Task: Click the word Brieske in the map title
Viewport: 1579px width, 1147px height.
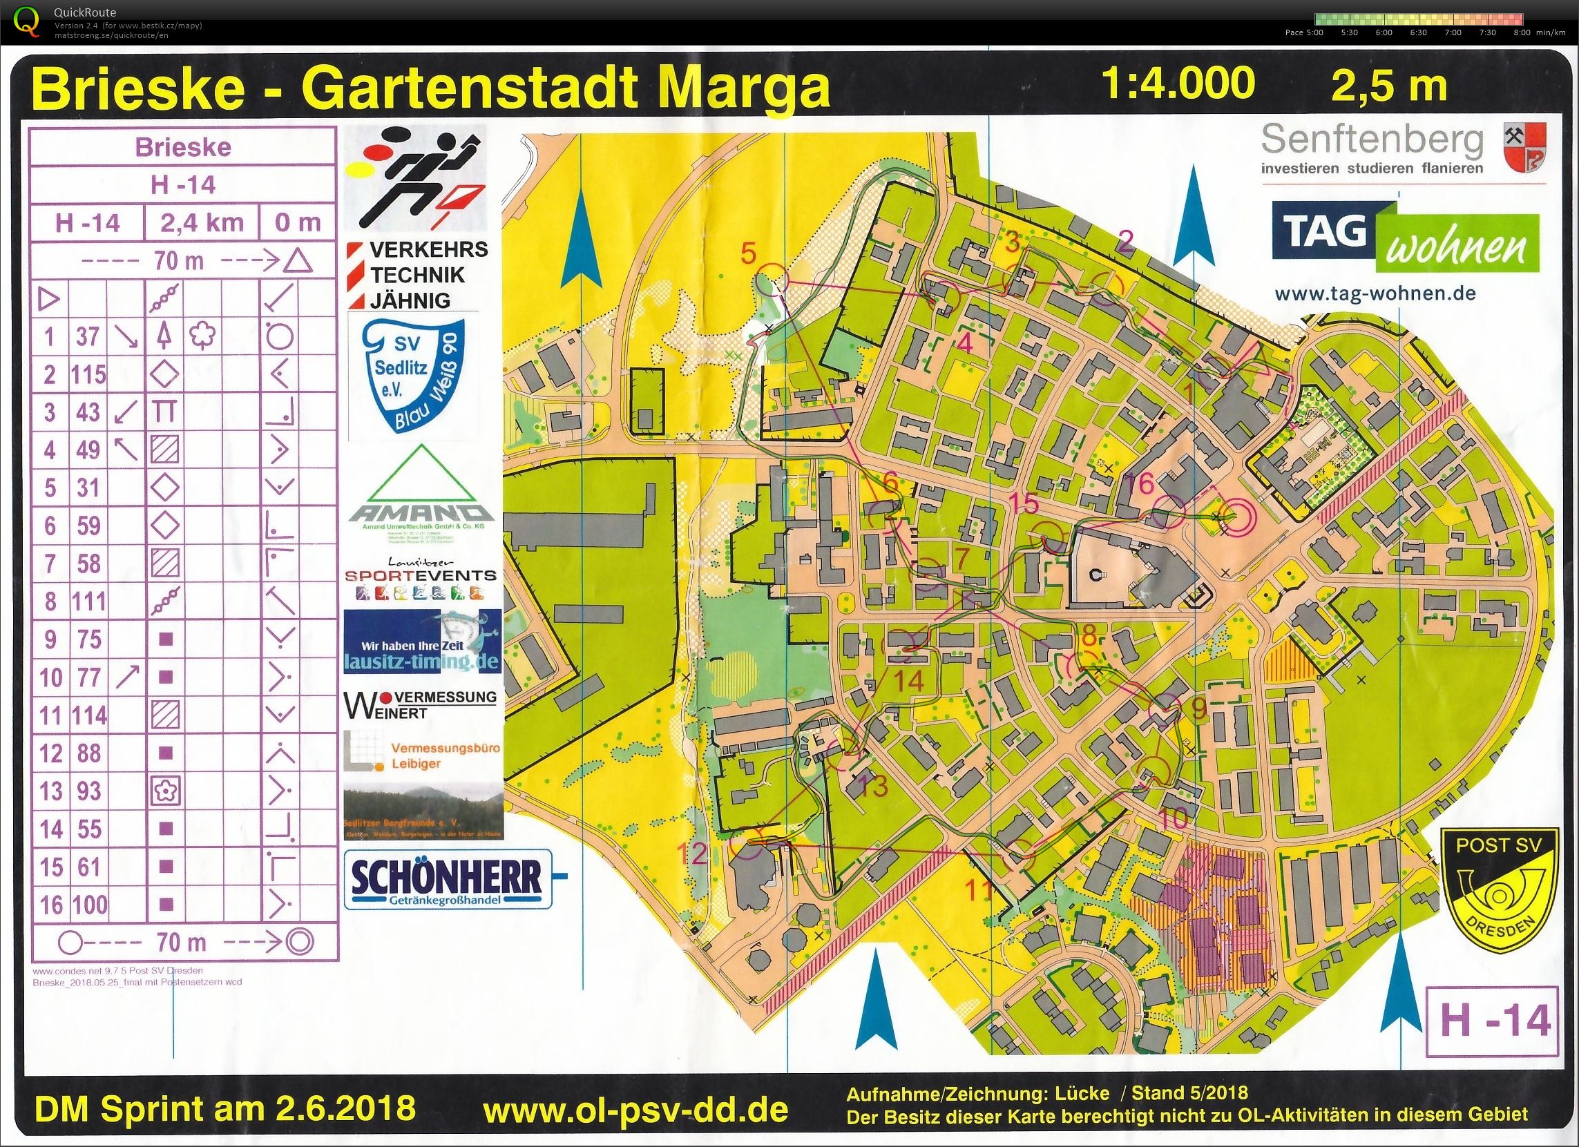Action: pos(138,89)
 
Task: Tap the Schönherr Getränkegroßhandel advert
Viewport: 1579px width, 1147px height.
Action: pos(448,879)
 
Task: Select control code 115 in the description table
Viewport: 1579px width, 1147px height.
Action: pos(88,375)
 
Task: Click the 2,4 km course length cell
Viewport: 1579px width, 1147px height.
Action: pos(201,223)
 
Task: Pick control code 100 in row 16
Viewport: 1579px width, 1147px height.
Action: pos(88,905)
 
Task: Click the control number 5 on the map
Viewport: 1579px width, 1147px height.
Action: pos(748,253)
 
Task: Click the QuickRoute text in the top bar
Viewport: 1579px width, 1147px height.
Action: pos(85,12)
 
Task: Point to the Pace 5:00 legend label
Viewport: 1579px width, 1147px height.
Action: pos(1304,32)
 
